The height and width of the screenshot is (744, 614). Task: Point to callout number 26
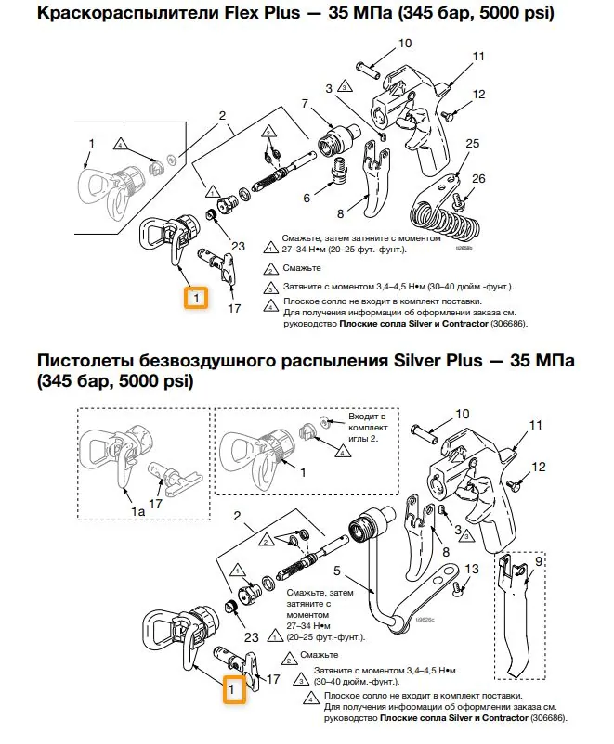[478, 178]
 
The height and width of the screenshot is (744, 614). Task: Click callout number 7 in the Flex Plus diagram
[304, 102]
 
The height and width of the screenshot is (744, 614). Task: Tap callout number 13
[472, 569]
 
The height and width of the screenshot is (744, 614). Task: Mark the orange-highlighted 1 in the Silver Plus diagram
[234, 690]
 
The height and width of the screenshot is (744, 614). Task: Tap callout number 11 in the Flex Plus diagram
[479, 57]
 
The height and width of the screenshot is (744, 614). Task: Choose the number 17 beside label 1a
[156, 504]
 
